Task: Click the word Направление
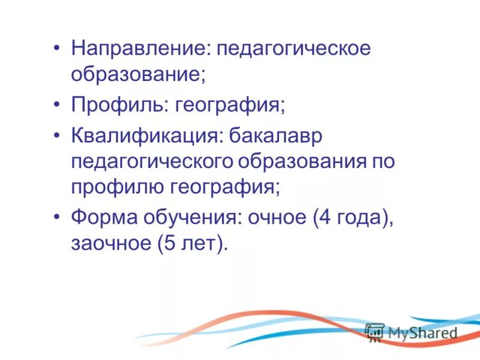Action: coord(137,49)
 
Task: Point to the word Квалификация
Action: coord(143,136)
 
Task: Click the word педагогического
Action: coord(153,162)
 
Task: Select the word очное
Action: coord(274,217)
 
